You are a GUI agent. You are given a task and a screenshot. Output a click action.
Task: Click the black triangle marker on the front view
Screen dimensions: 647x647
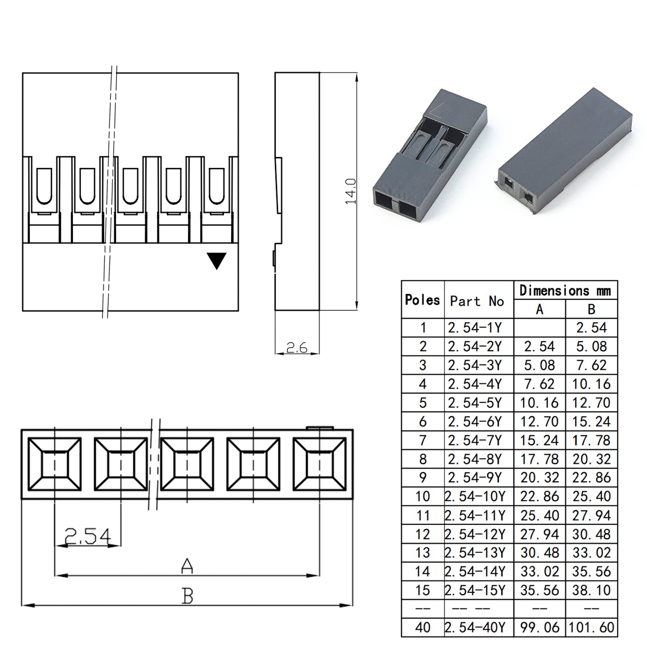[x=217, y=261]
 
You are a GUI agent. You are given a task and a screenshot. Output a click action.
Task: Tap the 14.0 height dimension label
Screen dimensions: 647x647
[x=350, y=191]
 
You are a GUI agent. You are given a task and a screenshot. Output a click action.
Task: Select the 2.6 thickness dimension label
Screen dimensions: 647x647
[x=297, y=347]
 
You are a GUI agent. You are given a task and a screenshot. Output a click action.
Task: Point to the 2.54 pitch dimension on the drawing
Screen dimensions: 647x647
[x=88, y=536]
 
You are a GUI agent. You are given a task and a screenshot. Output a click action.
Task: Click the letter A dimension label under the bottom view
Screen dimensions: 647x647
[x=187, y=566]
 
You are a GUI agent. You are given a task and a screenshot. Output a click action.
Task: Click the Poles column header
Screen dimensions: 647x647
[x=422, y=300]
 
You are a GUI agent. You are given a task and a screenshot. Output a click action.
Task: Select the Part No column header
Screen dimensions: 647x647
[x=477, y=301]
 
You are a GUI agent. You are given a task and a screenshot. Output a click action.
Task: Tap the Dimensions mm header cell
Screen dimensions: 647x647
[x=565, y=290]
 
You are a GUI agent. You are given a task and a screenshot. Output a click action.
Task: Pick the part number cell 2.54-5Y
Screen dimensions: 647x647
[x=475, y=403]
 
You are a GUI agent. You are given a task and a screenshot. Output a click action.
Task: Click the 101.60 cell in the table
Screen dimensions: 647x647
[x=591, y=627]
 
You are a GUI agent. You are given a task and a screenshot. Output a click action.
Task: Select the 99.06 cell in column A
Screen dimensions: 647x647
[x=540, y=627]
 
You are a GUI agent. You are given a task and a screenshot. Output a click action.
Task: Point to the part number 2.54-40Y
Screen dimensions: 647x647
[x=475, y=627]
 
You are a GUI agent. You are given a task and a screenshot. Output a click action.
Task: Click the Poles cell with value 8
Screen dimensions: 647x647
[x=423, y=459]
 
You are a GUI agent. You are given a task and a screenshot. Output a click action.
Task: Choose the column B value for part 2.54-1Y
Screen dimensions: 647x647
[x=591, y=328]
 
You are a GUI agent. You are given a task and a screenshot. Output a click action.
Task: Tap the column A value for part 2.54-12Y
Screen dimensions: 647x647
[x=540, y=534]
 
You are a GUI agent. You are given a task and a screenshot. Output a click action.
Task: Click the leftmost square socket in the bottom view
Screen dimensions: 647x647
[x=54, y=464]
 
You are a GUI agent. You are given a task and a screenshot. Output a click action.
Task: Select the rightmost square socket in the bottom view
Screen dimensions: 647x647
[x=319, y=464]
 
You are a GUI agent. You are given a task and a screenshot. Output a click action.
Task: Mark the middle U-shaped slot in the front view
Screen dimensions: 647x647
[x=130, y=185]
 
